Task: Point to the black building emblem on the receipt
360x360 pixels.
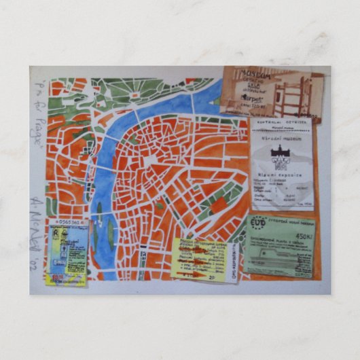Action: [279, 155]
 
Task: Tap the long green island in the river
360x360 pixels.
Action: [111, 234]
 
